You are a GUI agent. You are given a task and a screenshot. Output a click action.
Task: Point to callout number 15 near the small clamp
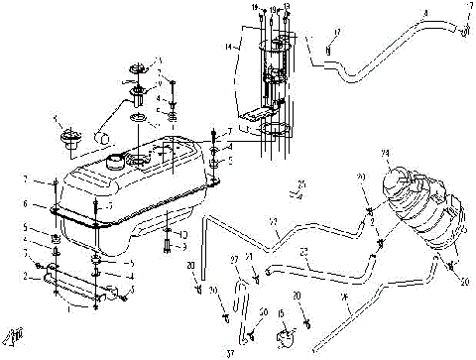coord(283,314)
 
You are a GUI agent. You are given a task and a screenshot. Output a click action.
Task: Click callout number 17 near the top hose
coord(337,34)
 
